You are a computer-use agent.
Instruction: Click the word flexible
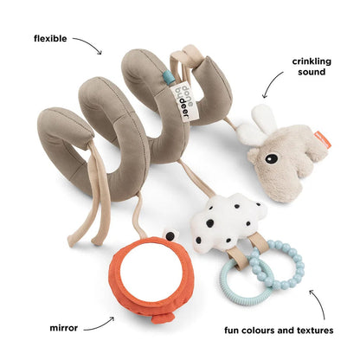(50, 38)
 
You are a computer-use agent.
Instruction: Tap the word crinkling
(312, 61)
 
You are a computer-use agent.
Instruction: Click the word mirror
(63, 328)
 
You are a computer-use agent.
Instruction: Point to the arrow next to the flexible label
(90, 42)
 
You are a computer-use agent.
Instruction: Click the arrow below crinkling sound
(271, 84)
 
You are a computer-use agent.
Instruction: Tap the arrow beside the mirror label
(100, 325)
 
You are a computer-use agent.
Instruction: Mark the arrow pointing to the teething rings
(321, 303)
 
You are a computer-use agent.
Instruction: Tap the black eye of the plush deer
(272, 157)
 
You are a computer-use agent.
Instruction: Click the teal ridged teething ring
(245, 278)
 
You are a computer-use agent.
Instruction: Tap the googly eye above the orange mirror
(170, 235)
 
